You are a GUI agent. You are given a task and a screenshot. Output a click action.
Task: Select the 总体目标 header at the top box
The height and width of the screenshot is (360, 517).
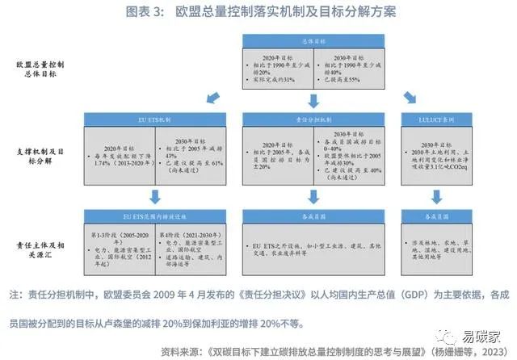(x=313, y=40)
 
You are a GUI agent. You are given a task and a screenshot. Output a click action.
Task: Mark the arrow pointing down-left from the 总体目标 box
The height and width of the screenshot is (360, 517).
(x=213, y=98)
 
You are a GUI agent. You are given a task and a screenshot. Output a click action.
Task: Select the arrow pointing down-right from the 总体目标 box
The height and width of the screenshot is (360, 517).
(x=412, y=98)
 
